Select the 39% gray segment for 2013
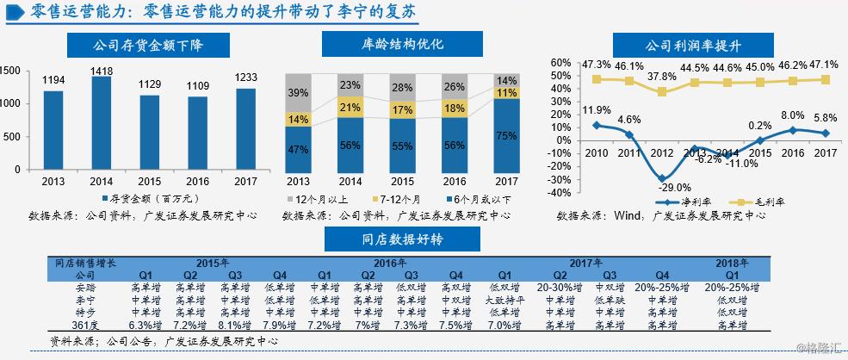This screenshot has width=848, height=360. (x=299, y=93)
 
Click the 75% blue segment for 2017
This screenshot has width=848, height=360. (x=507, y=135)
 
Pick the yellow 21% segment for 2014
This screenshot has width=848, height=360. (x=350, y=107)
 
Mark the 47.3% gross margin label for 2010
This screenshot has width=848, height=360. (x=596, y=65)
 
